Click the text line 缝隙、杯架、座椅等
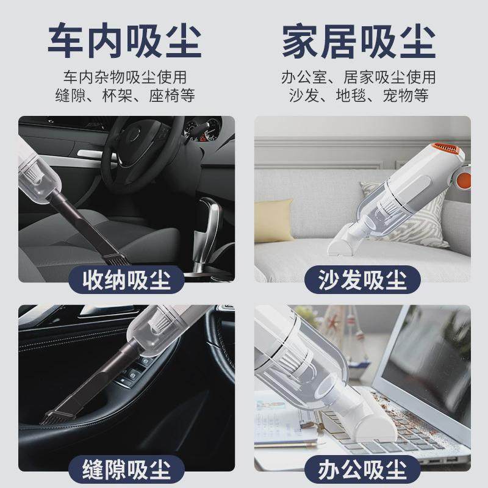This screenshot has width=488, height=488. point(124,96)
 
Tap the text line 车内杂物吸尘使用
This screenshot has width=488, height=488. point(124,77)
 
